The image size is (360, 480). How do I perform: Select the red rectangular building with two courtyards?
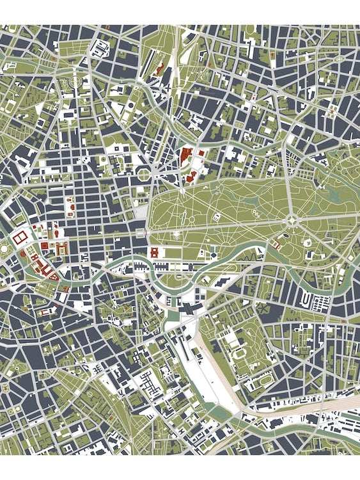19,237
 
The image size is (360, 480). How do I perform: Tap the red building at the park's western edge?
154,252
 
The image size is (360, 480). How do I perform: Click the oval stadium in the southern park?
240,353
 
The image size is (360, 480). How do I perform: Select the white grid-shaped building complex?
152,385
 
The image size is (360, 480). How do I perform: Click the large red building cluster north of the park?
187,157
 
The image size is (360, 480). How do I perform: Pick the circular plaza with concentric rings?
75,82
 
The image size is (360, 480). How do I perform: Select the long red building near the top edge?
160,67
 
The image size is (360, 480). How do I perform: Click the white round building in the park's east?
307,243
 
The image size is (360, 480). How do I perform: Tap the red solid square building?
44,246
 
